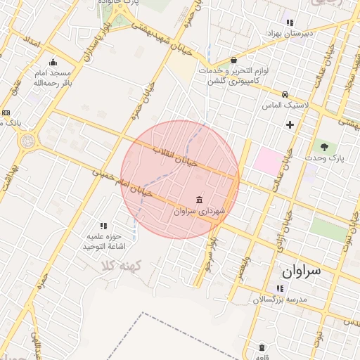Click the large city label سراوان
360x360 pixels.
click(x=301, y=270)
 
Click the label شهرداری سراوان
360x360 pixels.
click(x=198, y=210)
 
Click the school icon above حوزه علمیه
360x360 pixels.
click(x=103, y=226)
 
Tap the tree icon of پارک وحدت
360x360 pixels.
click(x=324, y=147)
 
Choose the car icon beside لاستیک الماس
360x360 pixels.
click(x=285, y=94)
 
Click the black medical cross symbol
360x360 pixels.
click(x=290, y=124)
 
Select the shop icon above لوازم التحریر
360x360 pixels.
click(x=233, y=60)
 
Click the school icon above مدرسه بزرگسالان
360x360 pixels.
click(x=279, y=288)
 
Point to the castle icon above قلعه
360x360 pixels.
click(x=262, y=347)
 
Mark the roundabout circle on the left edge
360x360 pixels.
click(x=27, y=141)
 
